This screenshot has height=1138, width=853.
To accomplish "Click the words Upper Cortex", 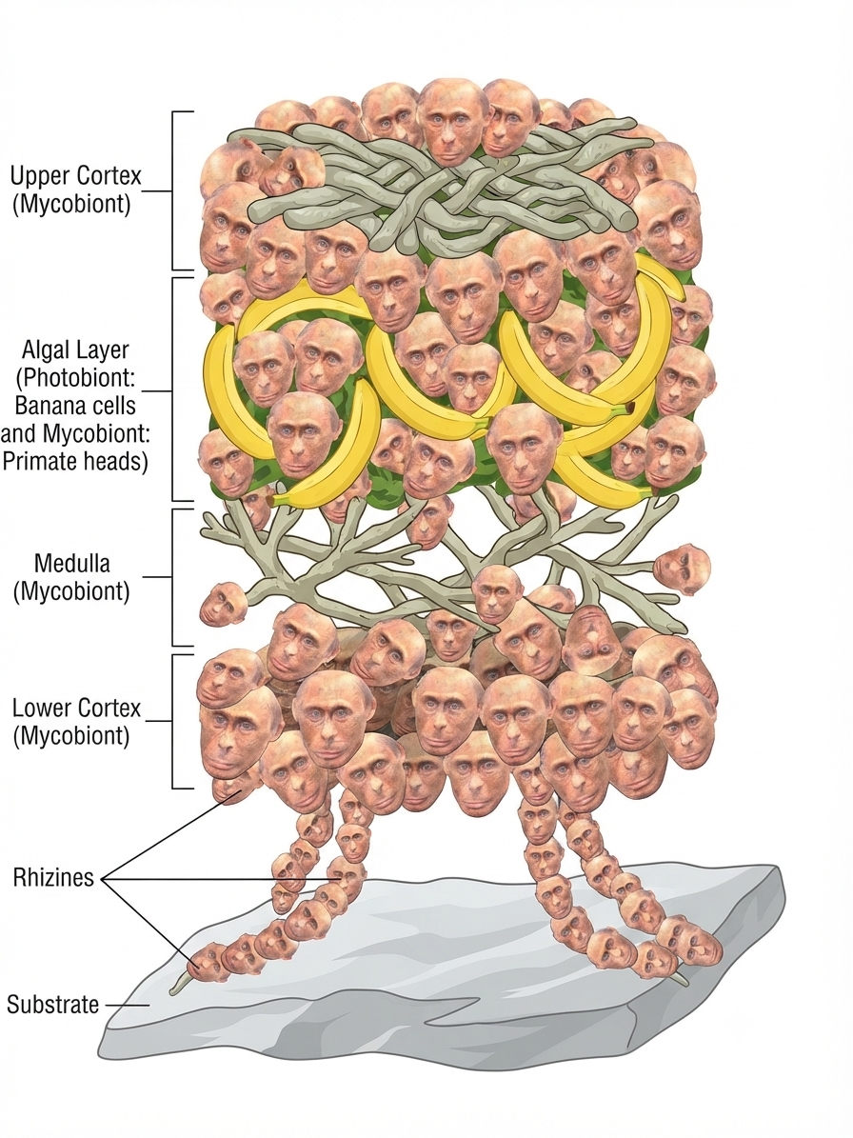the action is coord(75,175).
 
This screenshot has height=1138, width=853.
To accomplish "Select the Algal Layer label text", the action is coord(75,349).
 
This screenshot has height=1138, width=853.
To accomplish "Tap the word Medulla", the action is coord(72,563).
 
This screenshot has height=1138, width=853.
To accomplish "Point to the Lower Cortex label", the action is coord(77,708).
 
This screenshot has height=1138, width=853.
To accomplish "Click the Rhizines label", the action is coord(53,877).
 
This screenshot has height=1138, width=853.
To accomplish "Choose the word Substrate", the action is coord(53,1005).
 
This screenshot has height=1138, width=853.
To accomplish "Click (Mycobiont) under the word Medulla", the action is coord(71,591).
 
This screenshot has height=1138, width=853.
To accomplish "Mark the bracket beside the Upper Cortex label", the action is coord(174,190).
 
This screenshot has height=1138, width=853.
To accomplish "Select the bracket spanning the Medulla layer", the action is coord(174,577).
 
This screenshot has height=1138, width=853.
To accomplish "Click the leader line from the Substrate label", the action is coord(128,1006).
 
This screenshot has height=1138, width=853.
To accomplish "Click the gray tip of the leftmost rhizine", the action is coord(178,987).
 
